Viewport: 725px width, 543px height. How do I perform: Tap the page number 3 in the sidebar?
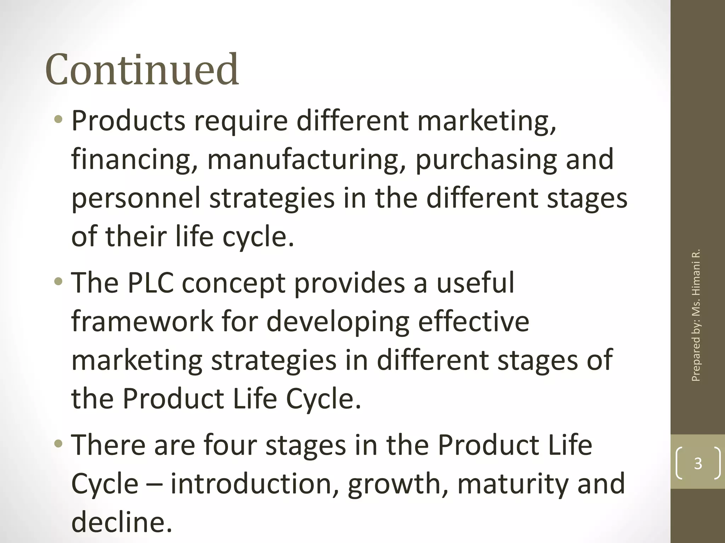tap(698, 463)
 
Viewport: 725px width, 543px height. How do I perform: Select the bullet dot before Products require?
tap(58, 121)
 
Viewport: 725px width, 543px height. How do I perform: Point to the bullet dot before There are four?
tap(58, 444)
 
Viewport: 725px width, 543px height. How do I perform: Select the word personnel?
tap(136, 198)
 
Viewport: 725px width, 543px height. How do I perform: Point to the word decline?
tap(121, 522)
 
